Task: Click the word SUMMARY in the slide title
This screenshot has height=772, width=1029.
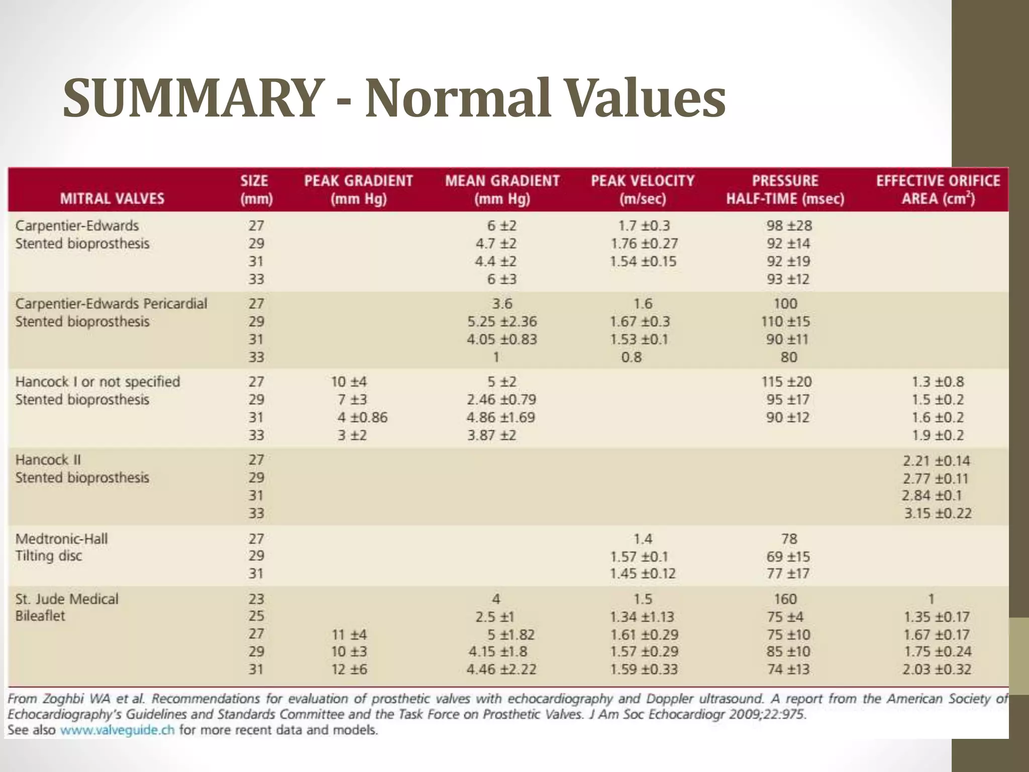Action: [x=191, y=98]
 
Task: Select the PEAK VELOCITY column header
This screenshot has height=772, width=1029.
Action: [x=642, y=189]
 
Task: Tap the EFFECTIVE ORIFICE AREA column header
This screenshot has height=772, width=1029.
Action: [x=938, y=189]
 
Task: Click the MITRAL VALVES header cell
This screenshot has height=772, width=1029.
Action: [x=112, y=199]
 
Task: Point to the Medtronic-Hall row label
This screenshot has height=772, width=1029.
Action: [x=61, y=539]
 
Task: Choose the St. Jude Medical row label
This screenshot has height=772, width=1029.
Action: [x=67, y=599]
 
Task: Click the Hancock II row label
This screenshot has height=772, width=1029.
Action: [x=48, y=460]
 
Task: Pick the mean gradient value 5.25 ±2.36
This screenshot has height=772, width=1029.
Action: [x=502, y=322]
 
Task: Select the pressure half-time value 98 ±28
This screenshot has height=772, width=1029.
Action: [x=789, y=226]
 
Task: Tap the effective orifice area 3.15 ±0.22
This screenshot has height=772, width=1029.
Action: [x=938, y=513]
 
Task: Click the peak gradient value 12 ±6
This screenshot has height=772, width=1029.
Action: [x=349, y=669]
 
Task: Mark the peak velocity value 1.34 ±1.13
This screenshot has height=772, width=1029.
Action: [x=642, y=617]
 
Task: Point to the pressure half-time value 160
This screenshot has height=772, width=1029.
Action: [x=785, y=599]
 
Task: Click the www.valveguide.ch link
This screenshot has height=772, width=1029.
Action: [x=117, y=730]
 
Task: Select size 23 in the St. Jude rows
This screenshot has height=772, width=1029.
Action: [x=256, y=599]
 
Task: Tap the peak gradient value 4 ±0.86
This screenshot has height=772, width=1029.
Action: [x=362, y=418]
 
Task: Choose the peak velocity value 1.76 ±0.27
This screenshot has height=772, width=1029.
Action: [x=644, y=244]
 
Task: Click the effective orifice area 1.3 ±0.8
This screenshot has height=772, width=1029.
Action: [x=938, y=382]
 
